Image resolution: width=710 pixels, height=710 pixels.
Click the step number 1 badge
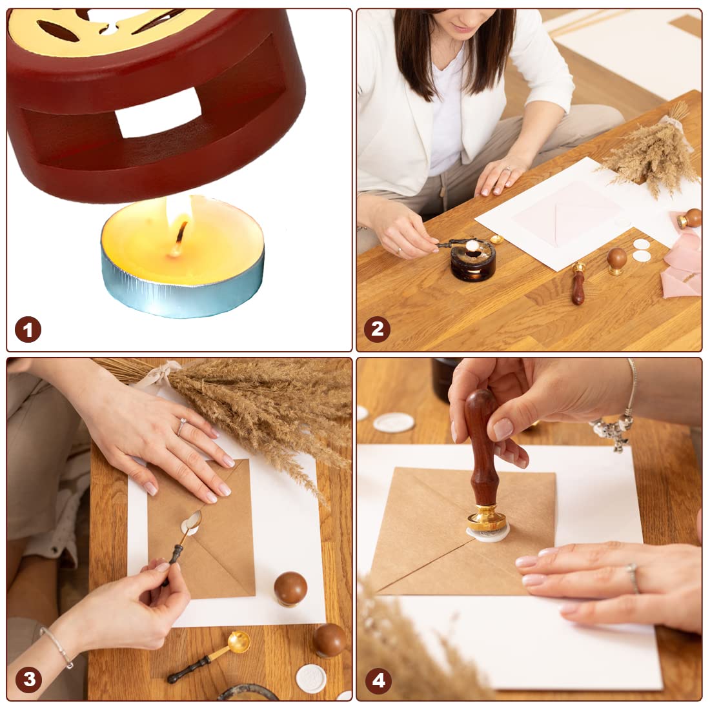[28, 329]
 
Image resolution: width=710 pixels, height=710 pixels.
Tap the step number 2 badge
[377, 329]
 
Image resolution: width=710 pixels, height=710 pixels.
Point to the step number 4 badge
[378, 680]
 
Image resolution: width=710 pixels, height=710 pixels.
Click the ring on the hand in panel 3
[181, 427]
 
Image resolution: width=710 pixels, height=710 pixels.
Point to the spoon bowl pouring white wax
[192, 523]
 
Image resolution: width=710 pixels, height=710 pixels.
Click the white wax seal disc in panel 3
[311, 679]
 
